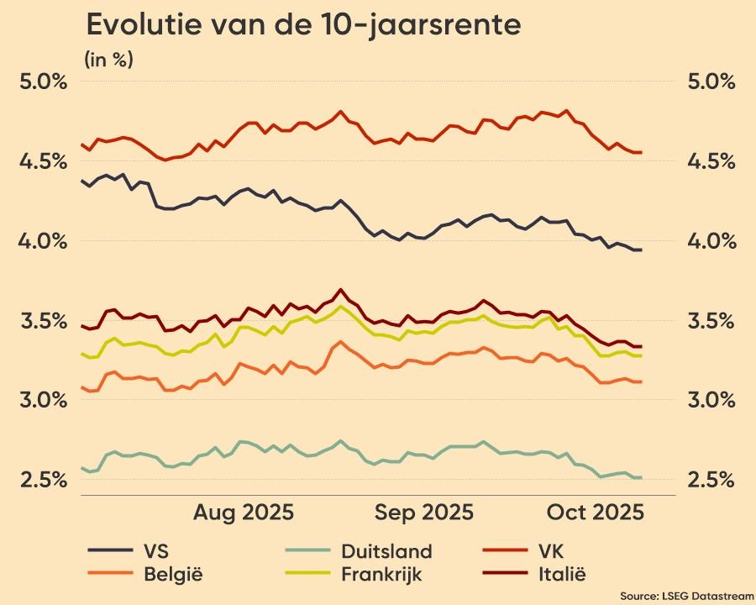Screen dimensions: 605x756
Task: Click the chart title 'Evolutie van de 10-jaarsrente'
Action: pos(303,25)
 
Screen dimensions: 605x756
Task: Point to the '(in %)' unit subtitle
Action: pos(108,60)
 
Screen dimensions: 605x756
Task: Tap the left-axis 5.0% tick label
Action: pos(43,82)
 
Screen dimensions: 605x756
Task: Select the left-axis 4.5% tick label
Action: pos(43,160)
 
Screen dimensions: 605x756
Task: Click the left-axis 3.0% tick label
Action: pos(43,399)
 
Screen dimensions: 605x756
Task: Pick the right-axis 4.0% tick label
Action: pos(711,240)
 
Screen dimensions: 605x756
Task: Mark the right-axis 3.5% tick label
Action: pos(711,320)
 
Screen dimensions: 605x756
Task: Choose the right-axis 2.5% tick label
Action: pos(711,479)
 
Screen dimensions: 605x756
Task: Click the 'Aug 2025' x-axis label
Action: pos(244,513)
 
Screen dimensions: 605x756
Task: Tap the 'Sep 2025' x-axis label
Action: pos(424,513)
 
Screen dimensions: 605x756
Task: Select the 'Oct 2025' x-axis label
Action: pos(595,513)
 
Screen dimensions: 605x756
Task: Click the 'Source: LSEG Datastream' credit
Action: pos(687,595)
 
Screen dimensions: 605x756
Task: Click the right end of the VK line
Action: pos(642,152)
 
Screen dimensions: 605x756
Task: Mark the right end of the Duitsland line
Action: pos(642,477)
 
